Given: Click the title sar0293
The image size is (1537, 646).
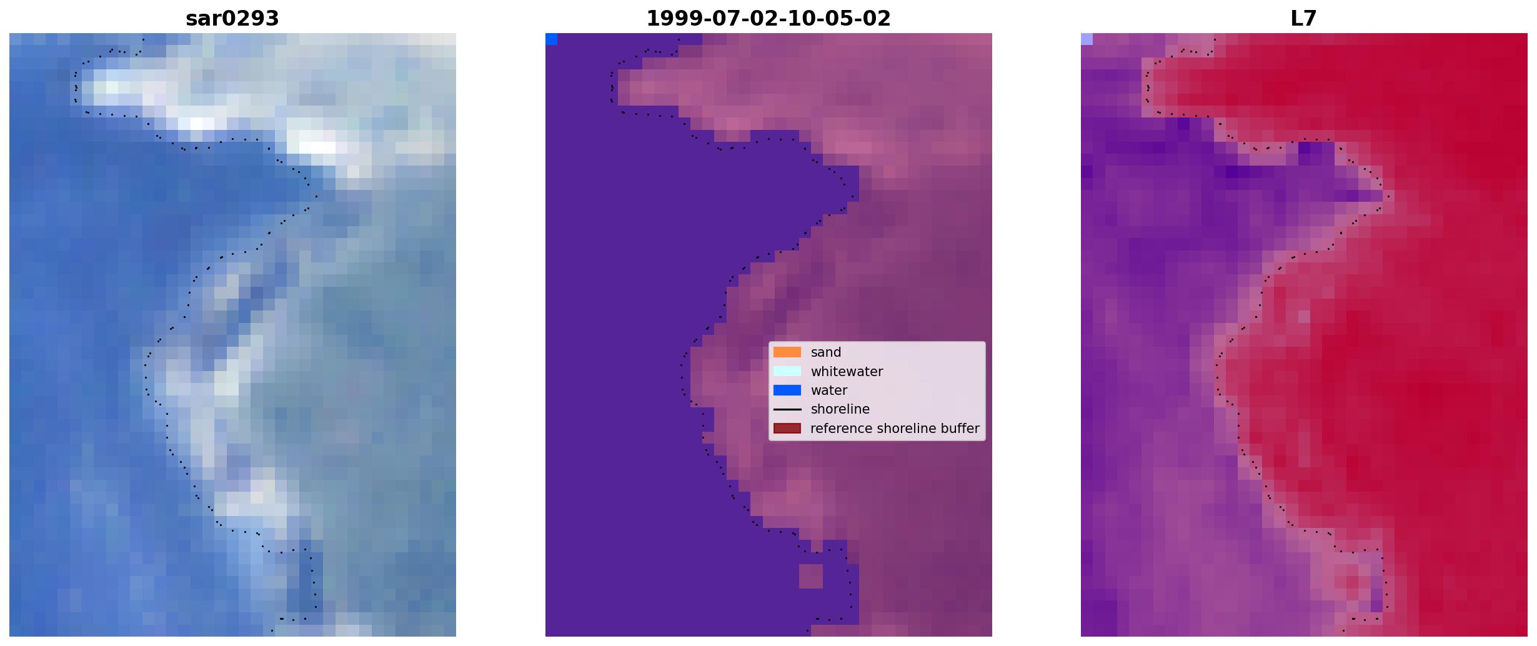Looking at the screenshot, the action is tap(232, 19).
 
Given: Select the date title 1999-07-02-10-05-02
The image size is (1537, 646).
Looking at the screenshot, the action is tap(768, 19).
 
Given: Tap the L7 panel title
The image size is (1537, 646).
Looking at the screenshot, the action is tap(1304, 19).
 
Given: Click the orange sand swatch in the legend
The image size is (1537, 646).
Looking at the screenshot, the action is tap(787, 352).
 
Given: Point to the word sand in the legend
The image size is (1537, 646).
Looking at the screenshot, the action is tap(826, 352).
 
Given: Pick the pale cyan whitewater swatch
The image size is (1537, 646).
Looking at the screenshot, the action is tap(787, 371).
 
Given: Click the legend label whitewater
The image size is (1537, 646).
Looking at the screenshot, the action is tap(847, 372).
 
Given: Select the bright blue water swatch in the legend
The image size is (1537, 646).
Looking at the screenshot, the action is tap(787, 390).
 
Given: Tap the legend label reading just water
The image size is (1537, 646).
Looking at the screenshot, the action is tap(829, 390).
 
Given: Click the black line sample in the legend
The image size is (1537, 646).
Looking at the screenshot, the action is tap(787, 409).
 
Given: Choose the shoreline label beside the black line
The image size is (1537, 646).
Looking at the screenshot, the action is tap(840, 409).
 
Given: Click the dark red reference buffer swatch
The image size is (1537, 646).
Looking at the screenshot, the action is tap(787, 429).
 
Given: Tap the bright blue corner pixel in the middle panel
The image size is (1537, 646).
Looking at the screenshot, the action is tap(551, 39).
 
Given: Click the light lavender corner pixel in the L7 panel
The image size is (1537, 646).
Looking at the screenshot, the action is tap(1087, 39).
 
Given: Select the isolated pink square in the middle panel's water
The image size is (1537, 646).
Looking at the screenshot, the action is tap(811, 576).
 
